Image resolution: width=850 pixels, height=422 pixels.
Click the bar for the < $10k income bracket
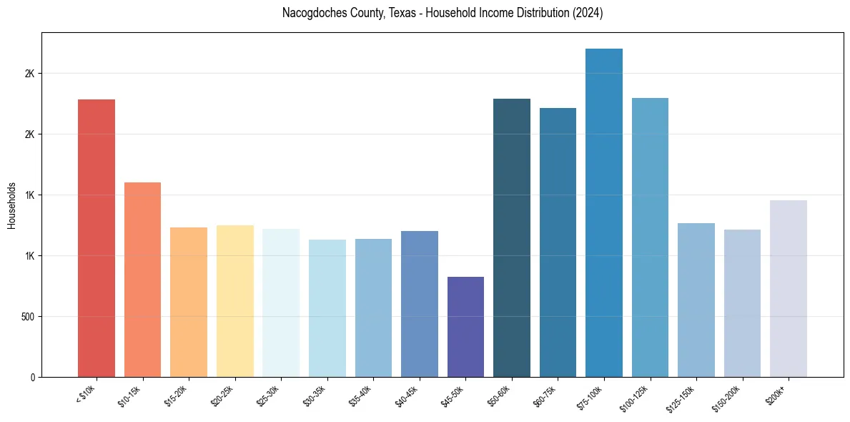coord(96,238)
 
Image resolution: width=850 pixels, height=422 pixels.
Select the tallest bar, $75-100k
coord(604,212)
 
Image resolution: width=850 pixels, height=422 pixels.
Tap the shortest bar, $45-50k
coord(465,326)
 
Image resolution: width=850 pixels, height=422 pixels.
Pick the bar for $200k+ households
coord(789,288)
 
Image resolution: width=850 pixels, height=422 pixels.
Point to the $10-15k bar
coord(142,280)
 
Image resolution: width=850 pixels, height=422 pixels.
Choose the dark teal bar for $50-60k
coord(512,237)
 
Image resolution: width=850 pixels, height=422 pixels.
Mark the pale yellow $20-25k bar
coord(234,301)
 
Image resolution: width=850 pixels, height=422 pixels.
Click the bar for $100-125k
coord(650,237)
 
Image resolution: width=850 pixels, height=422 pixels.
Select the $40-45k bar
coord(420,304)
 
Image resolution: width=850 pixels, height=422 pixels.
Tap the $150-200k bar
coord(742,303)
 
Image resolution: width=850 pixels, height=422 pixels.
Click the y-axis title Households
coord(11,205)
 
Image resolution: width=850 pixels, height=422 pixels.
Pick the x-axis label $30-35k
coord(315,395)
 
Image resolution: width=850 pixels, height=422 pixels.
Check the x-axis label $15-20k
coord(177,395)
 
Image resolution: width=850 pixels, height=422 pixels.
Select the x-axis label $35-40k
coord(361,395)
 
